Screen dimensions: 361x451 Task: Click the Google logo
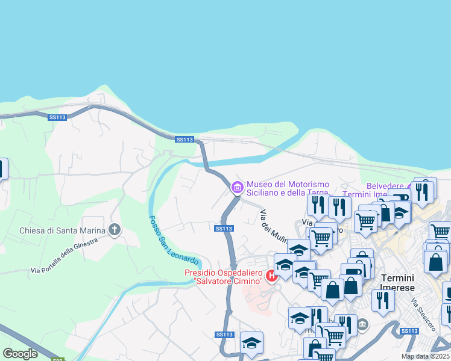pyautogui.click(x=20, y=354)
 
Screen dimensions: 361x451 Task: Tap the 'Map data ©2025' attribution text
pyautogui.click(x=426, y=356)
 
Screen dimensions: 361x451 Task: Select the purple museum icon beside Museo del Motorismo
pyautogui.click(x=236, y=188)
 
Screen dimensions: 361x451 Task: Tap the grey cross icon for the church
pyautogui.click(x=115, y=230)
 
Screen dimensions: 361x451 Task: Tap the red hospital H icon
pyautogui.click(x=271, y=276)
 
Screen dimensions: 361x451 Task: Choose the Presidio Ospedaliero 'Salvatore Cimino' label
pyautogui.click(x=224, y=277)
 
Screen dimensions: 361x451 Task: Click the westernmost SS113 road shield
pyautogui.click(x=57, y=117)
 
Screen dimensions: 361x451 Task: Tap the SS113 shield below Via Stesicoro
pyautogui.click(x=409, y=331)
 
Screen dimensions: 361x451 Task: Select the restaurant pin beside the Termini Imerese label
pyautogui.click(x=383, y=298)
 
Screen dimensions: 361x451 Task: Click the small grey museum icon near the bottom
pyautogui.click(x=362, y=325)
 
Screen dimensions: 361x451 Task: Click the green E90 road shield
pyautogui.click(x=58, y=359)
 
